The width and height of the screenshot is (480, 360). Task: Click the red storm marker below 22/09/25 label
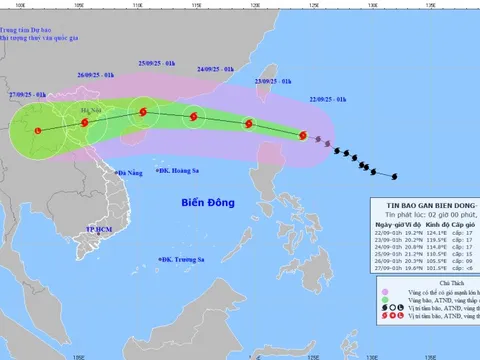[x=303, y=134]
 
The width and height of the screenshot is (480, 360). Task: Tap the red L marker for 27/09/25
[x=38, y=131]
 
